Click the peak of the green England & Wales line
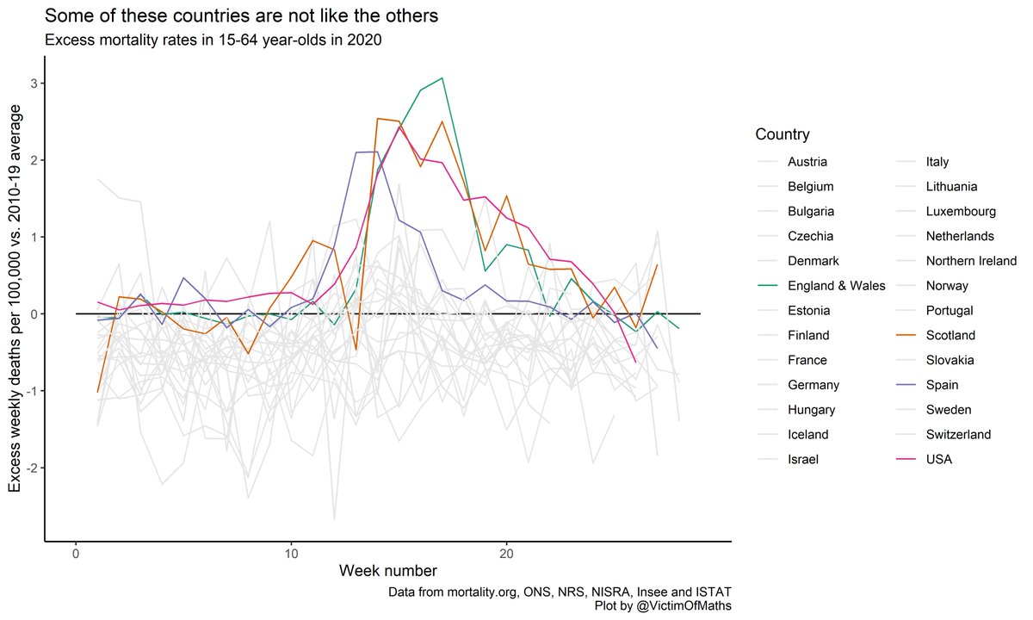point(442,78)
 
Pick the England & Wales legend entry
point(836,285)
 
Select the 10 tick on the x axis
point(291,551)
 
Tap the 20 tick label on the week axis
point(506,551)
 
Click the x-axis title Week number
point(387,571)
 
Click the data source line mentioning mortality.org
point(560,592)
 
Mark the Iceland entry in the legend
point(807,435)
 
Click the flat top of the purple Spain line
point(367,152)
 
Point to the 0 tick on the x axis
point(76,551)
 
